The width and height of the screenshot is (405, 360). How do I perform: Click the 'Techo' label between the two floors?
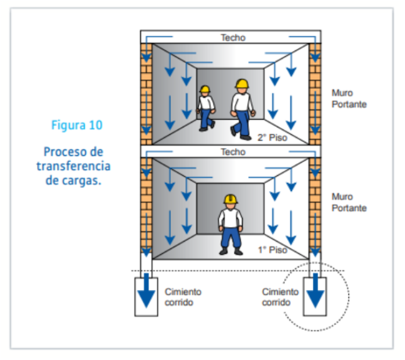pyautogui.click(x=232, y=152)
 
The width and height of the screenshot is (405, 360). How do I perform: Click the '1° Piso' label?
pyautogui.click(x=271, y=250)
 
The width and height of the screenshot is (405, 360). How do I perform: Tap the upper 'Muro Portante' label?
pyautogui.click(x=348, y=98)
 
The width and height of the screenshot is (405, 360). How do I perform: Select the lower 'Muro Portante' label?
pyautogui.click(x=348, y=202)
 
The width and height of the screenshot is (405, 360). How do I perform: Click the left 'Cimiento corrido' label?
pyautogui.click(x=183, y=297)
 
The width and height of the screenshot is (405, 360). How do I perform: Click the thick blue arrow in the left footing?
pyautogui.click(x=147, y=291)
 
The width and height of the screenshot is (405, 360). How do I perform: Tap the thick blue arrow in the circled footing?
pyautogui.click(x=314, y=291)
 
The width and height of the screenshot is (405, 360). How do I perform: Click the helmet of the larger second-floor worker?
pyautogui.click(x=241, y=84)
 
